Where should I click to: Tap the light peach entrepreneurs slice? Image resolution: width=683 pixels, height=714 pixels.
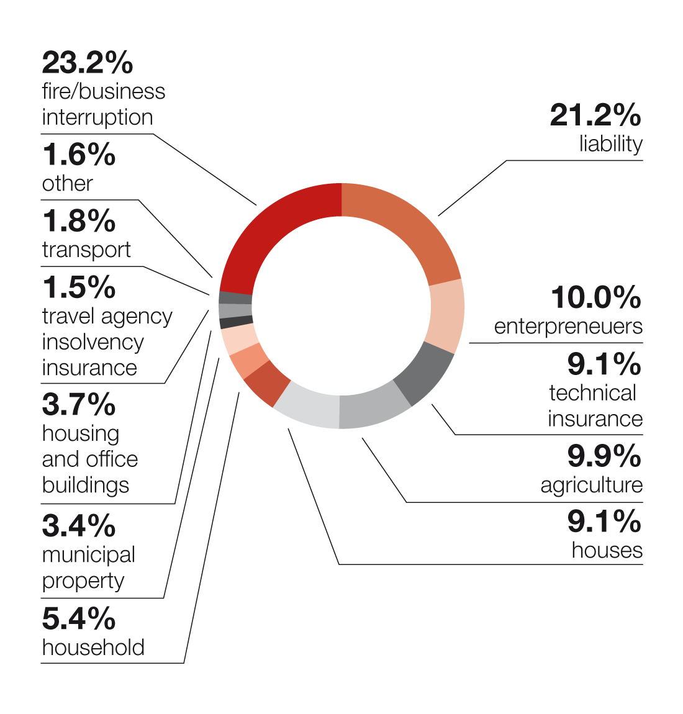pos(447,314)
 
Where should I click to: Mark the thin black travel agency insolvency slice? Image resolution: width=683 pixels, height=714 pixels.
pos(236,322)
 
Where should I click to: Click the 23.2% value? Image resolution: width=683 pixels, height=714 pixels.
pos(88,62)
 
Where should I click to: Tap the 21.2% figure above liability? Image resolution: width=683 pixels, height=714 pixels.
pos(595,115)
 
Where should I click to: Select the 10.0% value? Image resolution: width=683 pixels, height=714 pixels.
pos(595,297)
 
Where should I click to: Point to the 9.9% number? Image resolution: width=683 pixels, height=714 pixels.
pos(604,456)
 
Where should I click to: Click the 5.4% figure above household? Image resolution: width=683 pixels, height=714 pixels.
pos(79,618)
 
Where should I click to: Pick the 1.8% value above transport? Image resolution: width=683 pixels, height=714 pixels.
pos(79,221)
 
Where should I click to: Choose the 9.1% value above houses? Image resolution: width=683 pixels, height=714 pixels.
pos(604,522)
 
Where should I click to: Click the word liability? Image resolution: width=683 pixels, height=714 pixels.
pos(610,144)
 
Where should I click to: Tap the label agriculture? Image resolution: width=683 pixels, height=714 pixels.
pos(591,486)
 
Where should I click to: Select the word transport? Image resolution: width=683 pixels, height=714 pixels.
pos(86,250)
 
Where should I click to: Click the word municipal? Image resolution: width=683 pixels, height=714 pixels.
pos(89,554)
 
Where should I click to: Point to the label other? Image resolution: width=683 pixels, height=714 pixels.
pos(67,184)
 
